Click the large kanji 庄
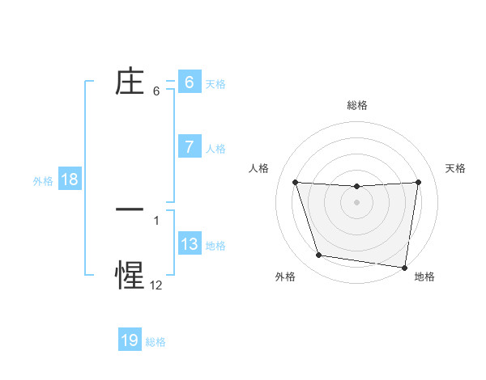[x=130, y=82]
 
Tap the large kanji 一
[x=130, y=209]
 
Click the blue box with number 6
[x=189, y=82]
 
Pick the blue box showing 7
[x=189, y=147]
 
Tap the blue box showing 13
[x=189, y=244]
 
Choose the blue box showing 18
[x=69, y=179]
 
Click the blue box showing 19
[x=130, y=340]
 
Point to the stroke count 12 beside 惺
[x=156, y=285]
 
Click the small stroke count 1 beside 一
[x=156, y=220]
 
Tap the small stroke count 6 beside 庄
[x=156, y=91]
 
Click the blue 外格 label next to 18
[x=43, y=180]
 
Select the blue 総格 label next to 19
[x=156, y=341]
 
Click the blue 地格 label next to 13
[x=215, y=245]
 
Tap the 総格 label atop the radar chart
[x=357, y=106]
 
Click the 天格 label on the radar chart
[x=456, y=168]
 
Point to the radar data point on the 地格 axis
[x=406, y=268]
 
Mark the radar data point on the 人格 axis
[x=295, y=182]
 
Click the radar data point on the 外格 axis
[x=319, y=255]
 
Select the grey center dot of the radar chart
[x=357, y=202]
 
